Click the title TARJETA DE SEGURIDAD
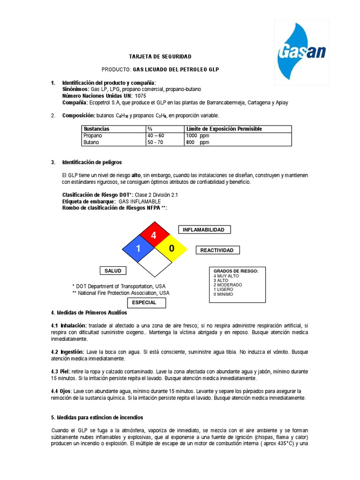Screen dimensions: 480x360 click(160, 57)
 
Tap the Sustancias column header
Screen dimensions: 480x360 click(96, 129)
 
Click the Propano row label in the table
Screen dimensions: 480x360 click(93, 135)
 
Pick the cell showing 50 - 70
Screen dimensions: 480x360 click(155, 142)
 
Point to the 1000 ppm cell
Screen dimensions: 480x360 click(197, 135)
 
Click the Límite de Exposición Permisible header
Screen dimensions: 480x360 click(224, 129)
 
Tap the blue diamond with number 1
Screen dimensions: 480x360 click(138, 248)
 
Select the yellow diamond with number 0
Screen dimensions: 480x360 click(171, 248)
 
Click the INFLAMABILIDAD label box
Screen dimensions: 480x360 click(204, 230)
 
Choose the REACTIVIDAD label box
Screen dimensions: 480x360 click(217, 250)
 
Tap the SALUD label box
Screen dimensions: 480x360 click(113, 270)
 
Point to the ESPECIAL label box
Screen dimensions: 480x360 click(144, 303)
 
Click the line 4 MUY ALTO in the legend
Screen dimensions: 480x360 click(226, 276)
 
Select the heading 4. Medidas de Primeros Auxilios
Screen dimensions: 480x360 click(89, 312)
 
